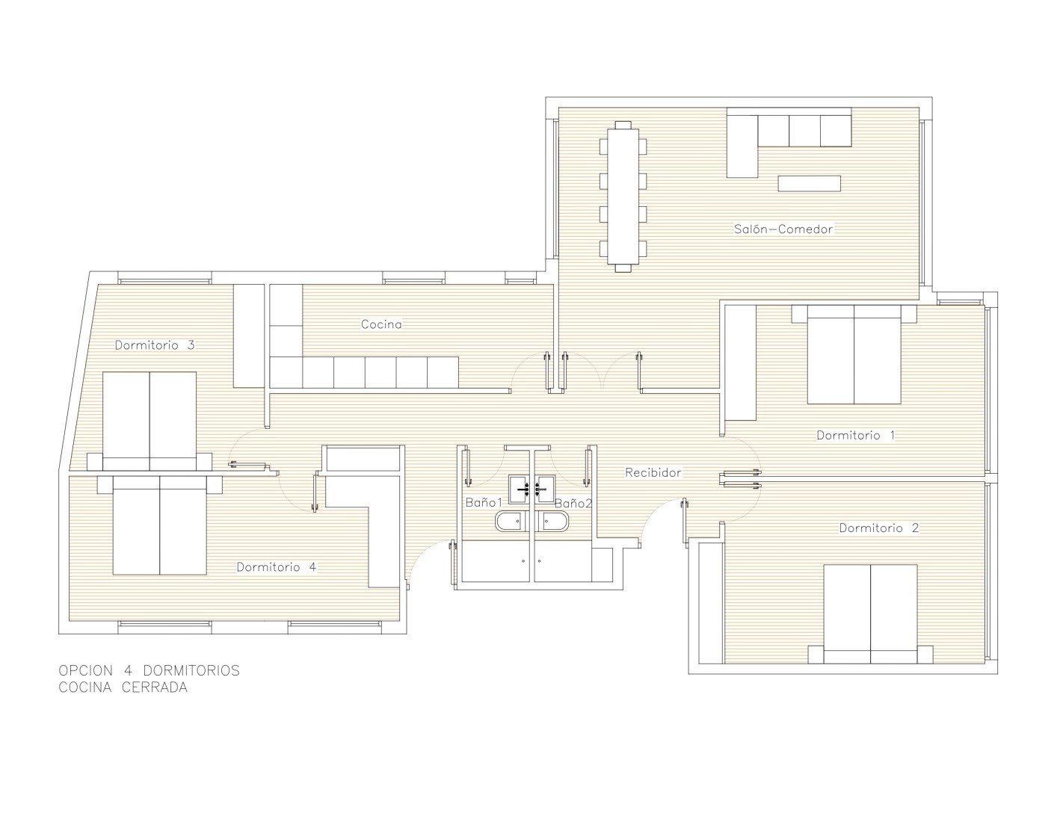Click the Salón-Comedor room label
783,229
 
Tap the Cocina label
381,324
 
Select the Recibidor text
653,472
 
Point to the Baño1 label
484,502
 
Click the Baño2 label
573,503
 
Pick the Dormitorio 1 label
856,435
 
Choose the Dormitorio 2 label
879,528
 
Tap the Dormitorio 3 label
155,344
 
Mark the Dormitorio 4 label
277,566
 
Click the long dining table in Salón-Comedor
623,197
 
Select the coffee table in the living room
809,183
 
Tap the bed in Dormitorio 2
870,614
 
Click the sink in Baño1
519,489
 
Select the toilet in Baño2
552,522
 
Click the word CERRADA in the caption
154,687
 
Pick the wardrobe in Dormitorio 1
741,362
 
